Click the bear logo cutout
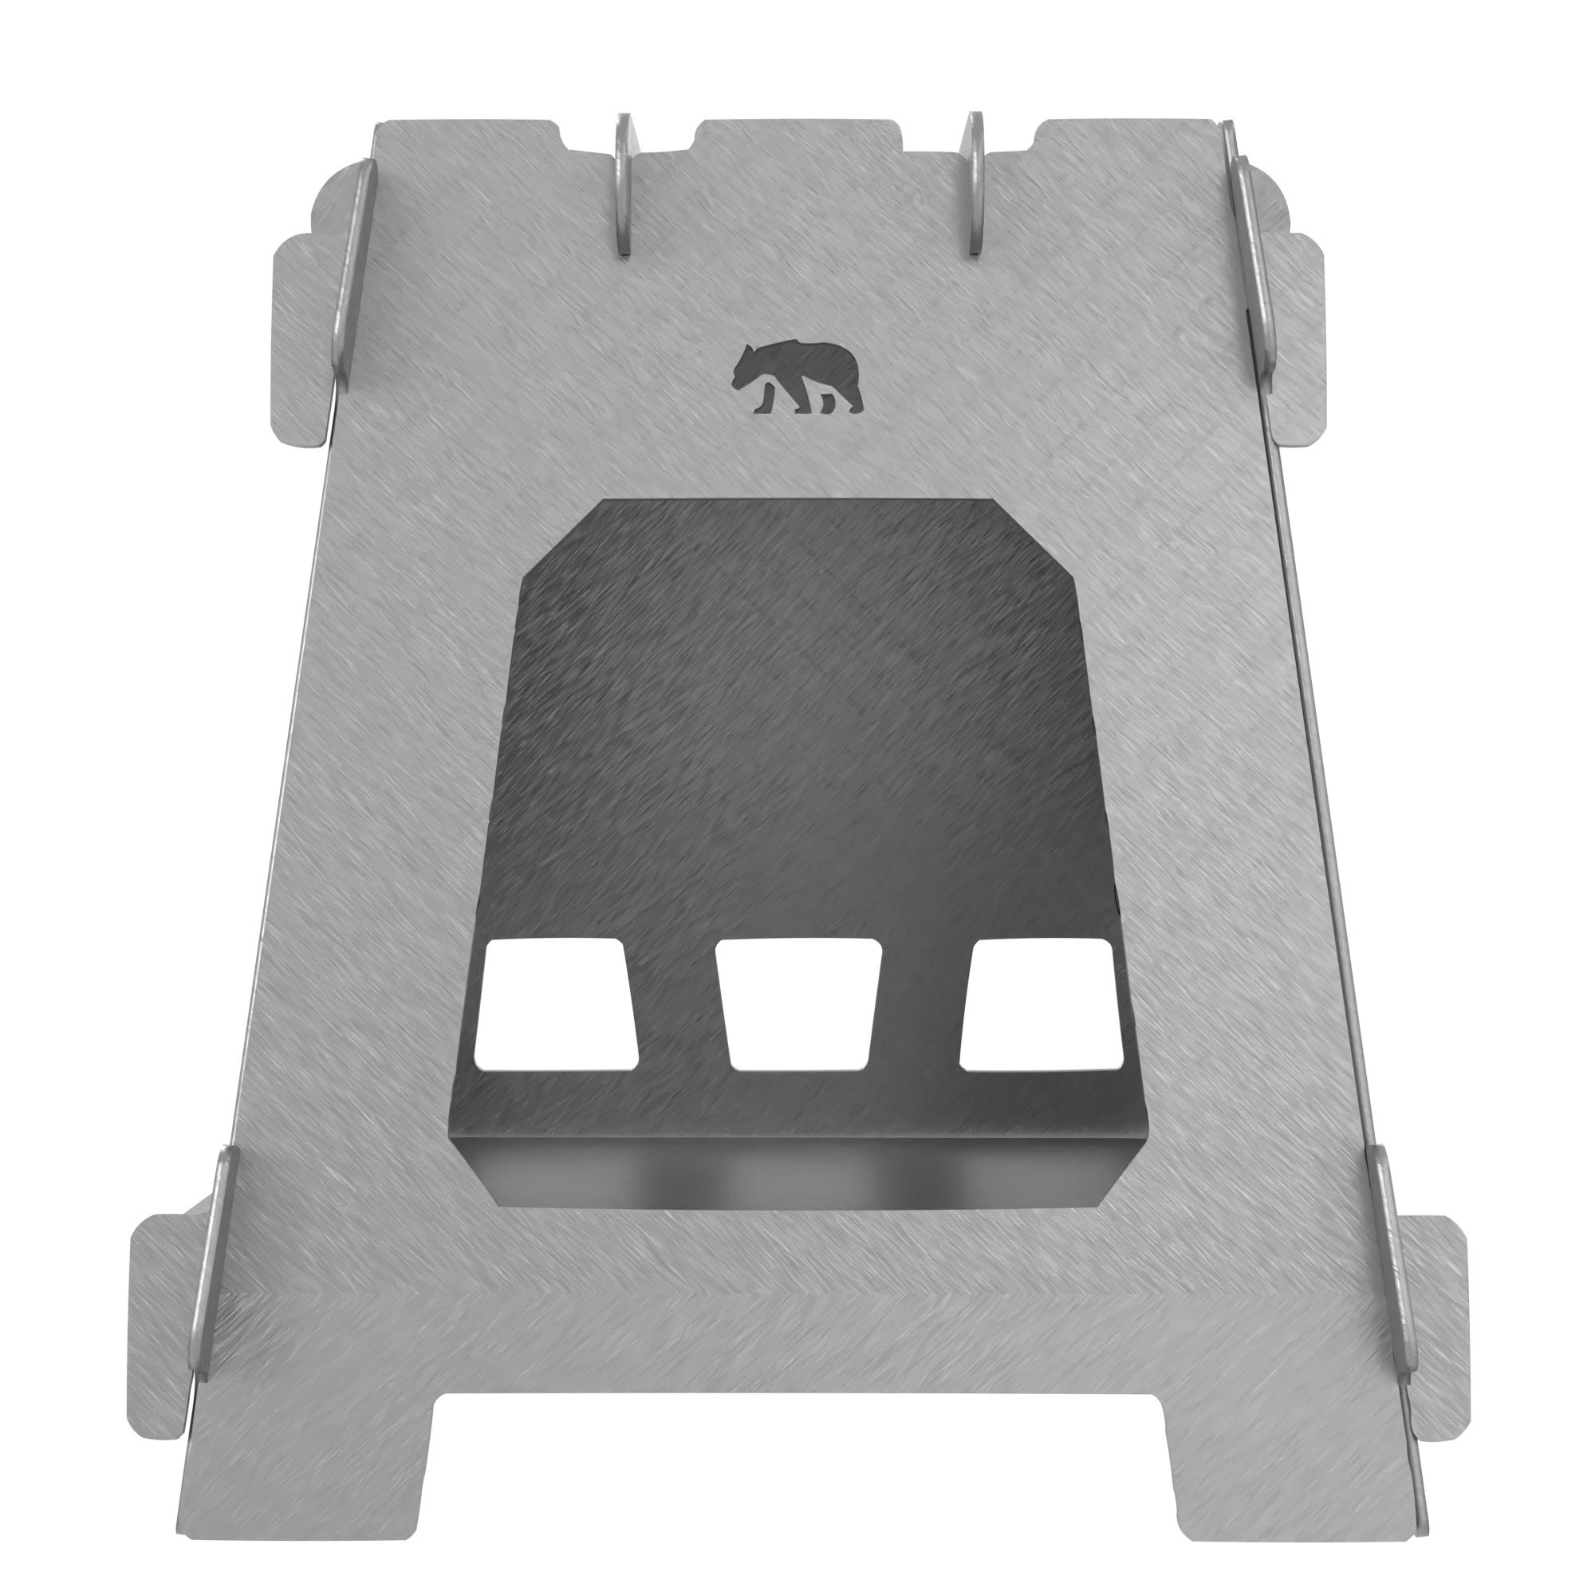(x=796, y=378)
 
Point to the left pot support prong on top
(x=624, y=186)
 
